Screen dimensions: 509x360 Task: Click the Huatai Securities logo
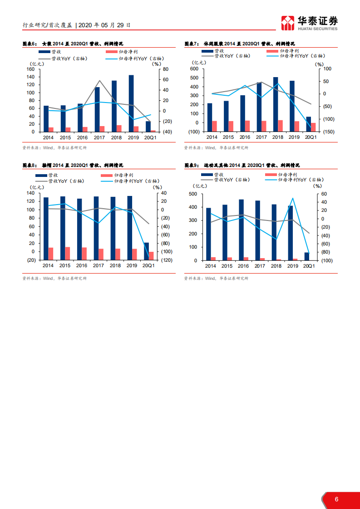click(x=309, y=23)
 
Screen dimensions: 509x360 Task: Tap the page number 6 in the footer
click(x=336, y=499)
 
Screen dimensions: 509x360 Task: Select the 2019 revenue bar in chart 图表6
click(x=131, y=103)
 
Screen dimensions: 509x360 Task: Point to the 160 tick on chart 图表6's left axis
click(x=31, y=69)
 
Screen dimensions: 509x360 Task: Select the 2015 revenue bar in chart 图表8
click(x=63, y=224)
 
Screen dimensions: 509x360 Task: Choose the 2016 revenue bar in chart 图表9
click(x=241, y=230)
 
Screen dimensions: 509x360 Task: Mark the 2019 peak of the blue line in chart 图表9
click(x=293, y=198)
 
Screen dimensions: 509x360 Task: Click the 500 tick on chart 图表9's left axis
click(x=192, y=194)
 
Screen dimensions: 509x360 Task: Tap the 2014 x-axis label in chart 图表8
click(x=48, y=265)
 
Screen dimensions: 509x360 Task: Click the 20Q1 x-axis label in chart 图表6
click(x=149, y=137)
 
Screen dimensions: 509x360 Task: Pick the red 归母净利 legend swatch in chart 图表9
click(x=270, y=175)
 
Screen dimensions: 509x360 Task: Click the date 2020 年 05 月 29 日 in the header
click(x=104, y=25)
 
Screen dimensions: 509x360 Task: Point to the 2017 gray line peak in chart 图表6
click(x=99, y=81)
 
